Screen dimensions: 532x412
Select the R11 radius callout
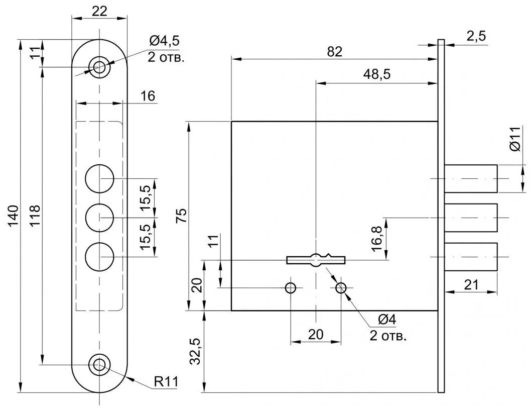click(166, 381)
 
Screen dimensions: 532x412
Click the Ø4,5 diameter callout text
click(165, 41)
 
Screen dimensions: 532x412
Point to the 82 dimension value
click(335, 52)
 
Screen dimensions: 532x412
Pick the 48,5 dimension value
click(376, 74)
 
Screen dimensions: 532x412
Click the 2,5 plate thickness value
click(476, 36)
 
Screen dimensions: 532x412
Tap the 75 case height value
click(182, 216)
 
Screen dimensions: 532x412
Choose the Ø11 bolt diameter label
click(515, 139)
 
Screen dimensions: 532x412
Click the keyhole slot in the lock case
click(316, 260)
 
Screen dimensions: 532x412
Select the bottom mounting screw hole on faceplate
click(99, 365)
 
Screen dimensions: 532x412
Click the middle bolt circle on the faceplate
click(99, 218)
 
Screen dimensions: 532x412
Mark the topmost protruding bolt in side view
click(471, 178)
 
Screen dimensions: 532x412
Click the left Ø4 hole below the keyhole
click(291, 288)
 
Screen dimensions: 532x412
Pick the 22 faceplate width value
click(99, 11)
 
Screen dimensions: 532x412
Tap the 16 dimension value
click(148, 96)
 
